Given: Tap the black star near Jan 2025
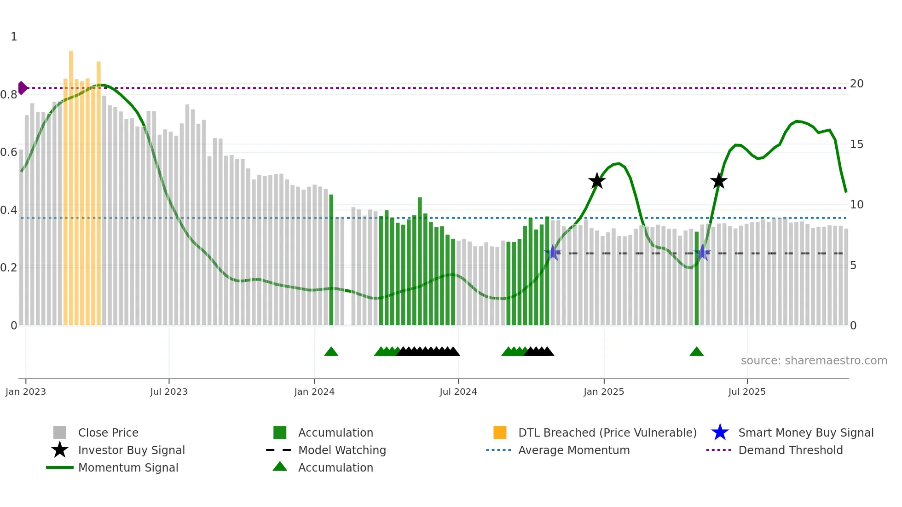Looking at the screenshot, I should (597, 181).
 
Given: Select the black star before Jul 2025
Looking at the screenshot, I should (718, 181).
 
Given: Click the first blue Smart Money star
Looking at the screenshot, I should (553, 253).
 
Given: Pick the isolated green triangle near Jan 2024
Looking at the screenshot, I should (331, 352).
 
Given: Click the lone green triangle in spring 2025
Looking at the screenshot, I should (696, 352).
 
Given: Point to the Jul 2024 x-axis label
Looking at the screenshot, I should (458, 392).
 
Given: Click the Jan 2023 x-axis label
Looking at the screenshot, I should (26, 392).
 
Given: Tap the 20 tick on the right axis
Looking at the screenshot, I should (856, 84).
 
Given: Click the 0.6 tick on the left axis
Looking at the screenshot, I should (9, 152).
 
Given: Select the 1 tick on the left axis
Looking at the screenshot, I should (14, 37).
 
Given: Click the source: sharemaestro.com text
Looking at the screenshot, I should (814, 361).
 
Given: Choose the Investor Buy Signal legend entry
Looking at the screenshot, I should (131, 450).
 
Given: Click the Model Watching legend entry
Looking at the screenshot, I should (341, 450).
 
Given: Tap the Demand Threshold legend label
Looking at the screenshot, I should (790, 450).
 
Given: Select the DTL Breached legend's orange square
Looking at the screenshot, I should (500, 432).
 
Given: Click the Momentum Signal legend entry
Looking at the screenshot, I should (128, 467).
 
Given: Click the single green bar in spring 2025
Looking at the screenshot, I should (696, 278).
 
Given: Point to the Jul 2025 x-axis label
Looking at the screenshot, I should (746, 392).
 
